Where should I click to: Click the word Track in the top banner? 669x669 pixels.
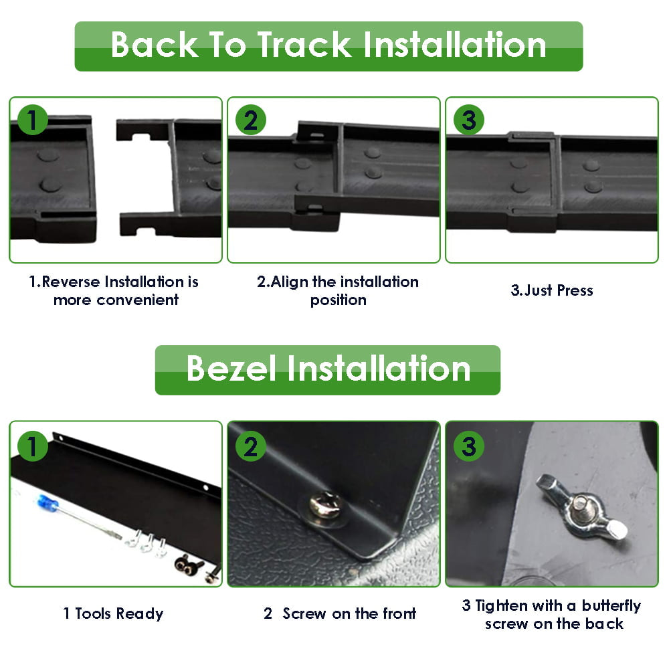pyautogui.click(x=304, y=45)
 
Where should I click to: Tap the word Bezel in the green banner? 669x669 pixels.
pyautogui.click(x=231, y=369)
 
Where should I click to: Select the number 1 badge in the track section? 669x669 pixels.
pyautogui.click(x=32, y=120)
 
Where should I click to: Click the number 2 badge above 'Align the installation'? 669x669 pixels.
pyautogui.click(x=251, y=120)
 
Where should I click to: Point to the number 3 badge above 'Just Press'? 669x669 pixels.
pyautogui.click(x=469, y=120)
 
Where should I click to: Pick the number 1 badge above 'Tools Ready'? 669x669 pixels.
pyautogui.click(x=32, y=446)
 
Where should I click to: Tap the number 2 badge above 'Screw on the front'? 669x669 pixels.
pyautogui.click(x=251, y=446)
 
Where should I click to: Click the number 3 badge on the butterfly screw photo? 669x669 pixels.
pyautogui.click(x=469, y=446)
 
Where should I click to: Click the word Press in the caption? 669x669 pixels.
pyautogui.click(x=575, y=290)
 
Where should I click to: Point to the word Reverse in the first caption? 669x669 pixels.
pyautogui.click(x=71, y=282)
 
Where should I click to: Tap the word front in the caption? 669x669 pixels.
pyautogui.click(x=399, y=613)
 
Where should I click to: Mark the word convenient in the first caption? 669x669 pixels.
pyautogui.click(x=137, y=300)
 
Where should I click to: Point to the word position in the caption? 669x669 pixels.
pyautogui.click(x=339, y=300)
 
